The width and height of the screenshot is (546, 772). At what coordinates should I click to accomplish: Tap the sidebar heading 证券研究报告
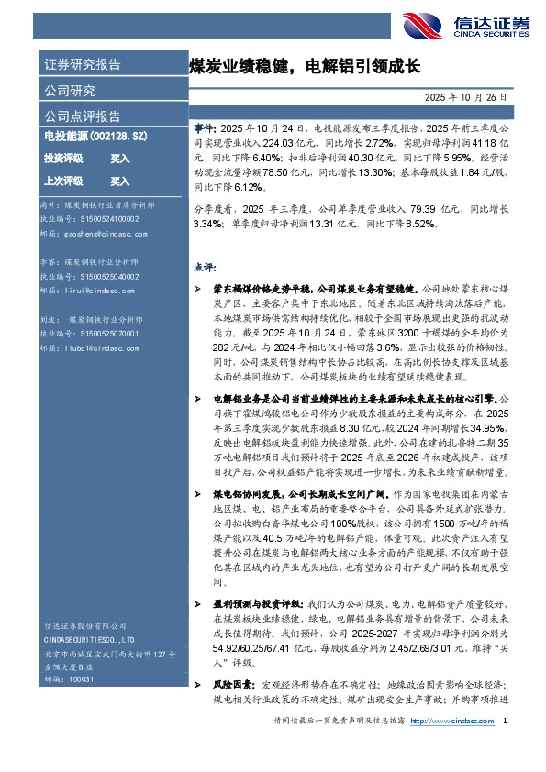pyautogui.click(x=82, y=65)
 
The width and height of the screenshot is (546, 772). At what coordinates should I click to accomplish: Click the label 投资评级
pyautogui.click(x=63, y=158)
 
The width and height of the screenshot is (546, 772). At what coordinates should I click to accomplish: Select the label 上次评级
pyautogui.click(x=63, y=182)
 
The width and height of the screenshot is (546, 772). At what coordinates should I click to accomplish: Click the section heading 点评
pyautogui.click(x=204, y=267)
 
